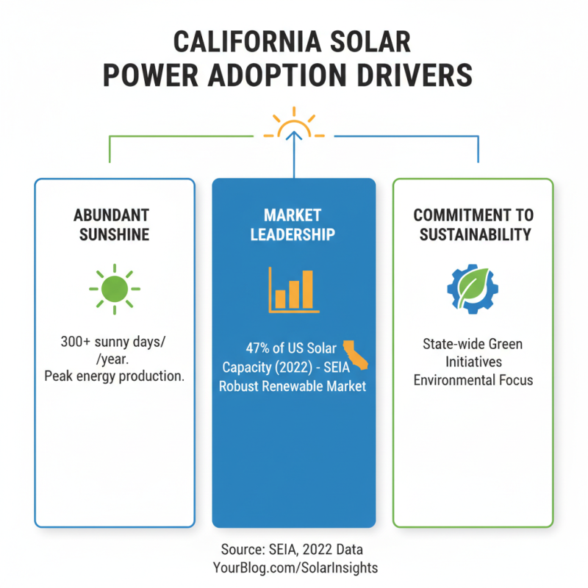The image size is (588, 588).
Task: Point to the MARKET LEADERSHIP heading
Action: click(293, 225)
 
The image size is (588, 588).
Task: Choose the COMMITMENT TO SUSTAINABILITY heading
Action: click(473, 225)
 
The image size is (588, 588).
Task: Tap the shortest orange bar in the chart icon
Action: click(280, 298)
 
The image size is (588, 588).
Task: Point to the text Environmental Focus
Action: click(473, 380)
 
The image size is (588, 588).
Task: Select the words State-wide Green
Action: click(473, 344)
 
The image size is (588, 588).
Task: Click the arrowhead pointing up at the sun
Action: click(293, 135)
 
